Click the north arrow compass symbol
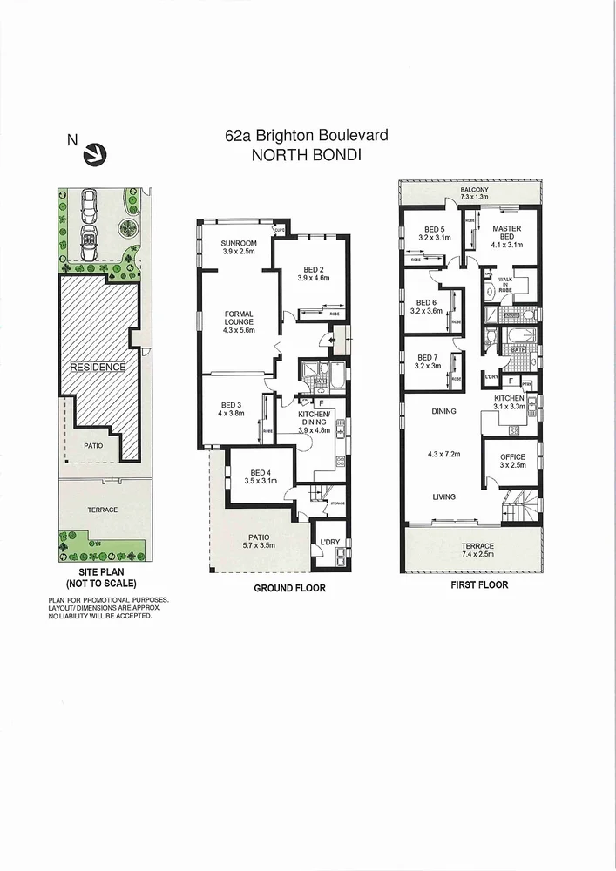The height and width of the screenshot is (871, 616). pos(92,154)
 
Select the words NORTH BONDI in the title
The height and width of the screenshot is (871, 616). pos(306,156)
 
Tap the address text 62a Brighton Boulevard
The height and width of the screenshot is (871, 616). pos(306,136)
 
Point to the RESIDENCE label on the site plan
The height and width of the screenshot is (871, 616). pos(98,367)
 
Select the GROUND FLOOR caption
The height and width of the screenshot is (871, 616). pos(289,589)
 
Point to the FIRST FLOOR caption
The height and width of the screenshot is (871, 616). pos(479,584)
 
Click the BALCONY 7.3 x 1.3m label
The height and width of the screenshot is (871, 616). pos(475,193)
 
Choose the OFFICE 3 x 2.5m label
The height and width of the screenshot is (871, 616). pos(511,462)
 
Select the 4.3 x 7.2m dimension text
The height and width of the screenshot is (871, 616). pos(443,453)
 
